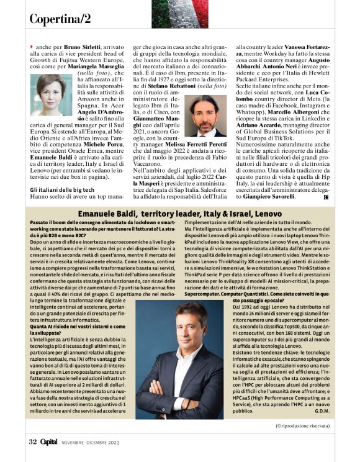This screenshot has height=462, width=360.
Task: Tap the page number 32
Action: [x=32, y=442]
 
